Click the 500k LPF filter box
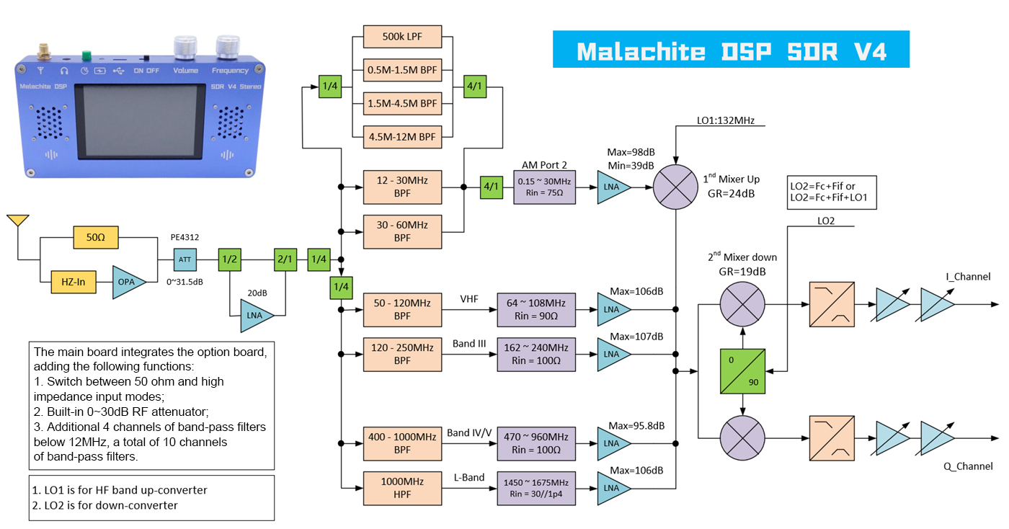tap(401, 37)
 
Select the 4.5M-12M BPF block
tap(401, 135)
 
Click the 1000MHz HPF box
tap(401, 487)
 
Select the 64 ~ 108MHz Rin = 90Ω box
tap(536, 309)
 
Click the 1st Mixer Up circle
tap(676, 187)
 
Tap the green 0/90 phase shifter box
tap(742, 371)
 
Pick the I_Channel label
tap(966, 276)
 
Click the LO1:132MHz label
tap(725, 120)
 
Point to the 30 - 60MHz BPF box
tap(401, 231)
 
